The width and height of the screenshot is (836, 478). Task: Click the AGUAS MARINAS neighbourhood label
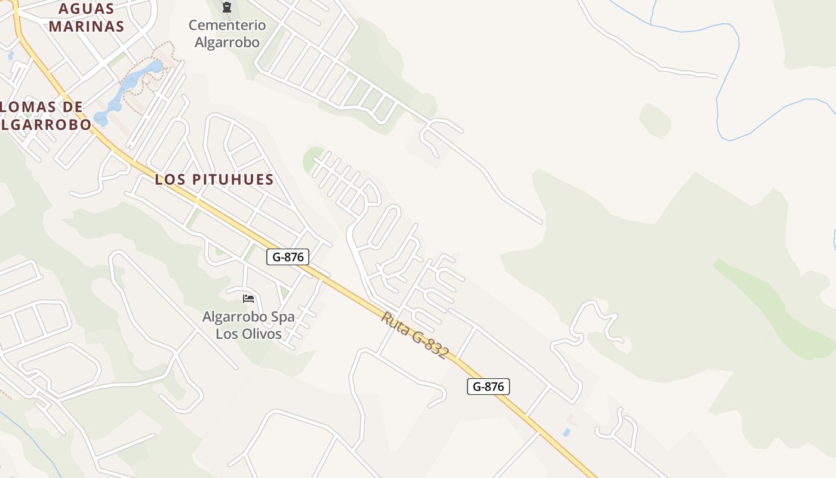(87, 17)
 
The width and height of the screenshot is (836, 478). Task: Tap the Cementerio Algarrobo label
(227, 33)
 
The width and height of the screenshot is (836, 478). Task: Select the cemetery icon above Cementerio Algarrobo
(226, 8)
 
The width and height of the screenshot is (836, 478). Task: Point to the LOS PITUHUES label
(214, 179)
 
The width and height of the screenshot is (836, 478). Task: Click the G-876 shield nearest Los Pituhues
(288, 258)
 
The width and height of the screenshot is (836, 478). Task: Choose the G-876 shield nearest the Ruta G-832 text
(488, 387)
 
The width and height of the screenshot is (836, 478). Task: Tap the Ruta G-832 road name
(414, 335)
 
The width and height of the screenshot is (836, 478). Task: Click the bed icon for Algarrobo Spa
(248, 298)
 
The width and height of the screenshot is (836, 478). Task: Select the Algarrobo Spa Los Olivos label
(248, 325)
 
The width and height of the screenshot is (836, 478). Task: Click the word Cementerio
(227, 25)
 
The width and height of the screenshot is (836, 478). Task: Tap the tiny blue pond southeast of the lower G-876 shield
(566, 432)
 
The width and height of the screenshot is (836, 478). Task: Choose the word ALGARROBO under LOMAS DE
(47, 124)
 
